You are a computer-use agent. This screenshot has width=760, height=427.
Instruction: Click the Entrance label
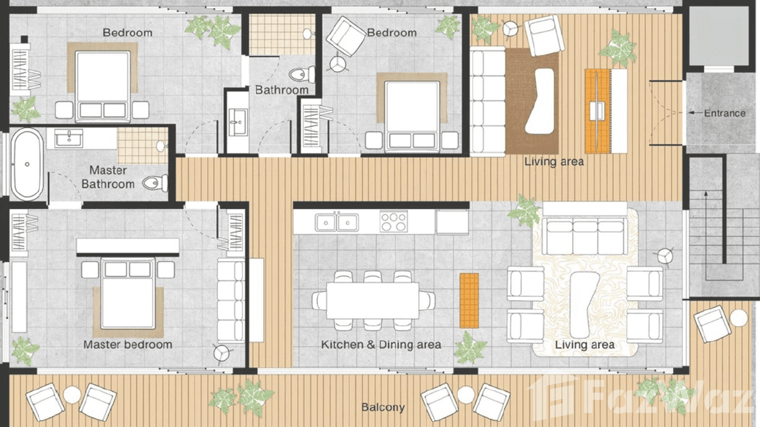[724, 113]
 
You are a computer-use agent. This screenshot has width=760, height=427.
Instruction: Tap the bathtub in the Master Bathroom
[27, 164]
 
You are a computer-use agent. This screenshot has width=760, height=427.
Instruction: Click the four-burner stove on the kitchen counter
[393, 221]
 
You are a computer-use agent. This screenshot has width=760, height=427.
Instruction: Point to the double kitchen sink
[337, 222]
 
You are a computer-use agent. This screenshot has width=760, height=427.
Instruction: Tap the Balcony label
[383, 407]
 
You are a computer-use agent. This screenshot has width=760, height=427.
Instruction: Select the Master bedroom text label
[127, 344]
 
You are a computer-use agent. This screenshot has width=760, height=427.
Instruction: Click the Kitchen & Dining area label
[381, 344]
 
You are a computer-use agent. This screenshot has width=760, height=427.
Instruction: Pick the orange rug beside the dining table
[469, 300]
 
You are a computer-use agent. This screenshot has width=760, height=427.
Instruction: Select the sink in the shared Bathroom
[237, 122]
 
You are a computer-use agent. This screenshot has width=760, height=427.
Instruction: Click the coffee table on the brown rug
[538, 101]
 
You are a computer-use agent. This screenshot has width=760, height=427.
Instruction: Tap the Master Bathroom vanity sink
[69, 138]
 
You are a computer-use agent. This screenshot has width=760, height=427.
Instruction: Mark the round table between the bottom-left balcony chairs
[72, 394]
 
